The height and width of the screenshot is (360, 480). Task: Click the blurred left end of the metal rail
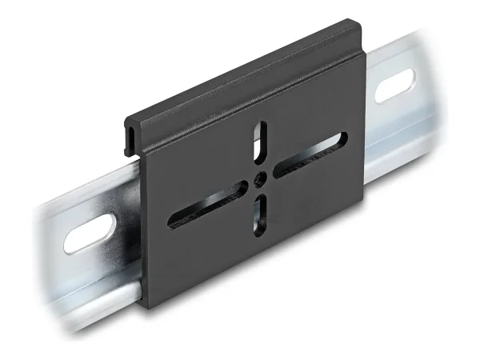coord(44,240)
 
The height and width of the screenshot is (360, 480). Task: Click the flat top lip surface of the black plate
coord(240,80)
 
